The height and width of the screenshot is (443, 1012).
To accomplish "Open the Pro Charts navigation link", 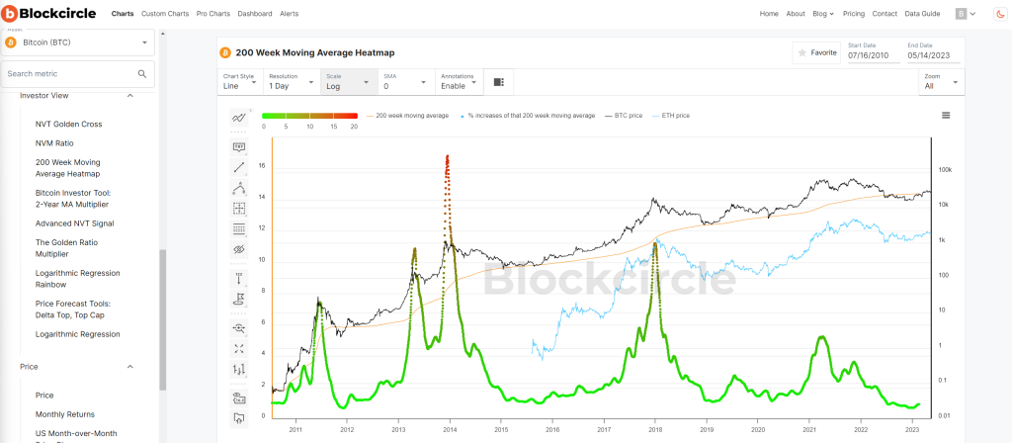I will (214, 14).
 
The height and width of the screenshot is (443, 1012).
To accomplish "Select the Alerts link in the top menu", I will (289, 14).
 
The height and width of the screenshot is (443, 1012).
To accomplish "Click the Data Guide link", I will (924, 14).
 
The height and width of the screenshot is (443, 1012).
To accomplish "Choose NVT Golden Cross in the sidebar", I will (68, 124).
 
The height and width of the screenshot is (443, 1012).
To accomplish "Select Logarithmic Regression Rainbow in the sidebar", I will (77, 278).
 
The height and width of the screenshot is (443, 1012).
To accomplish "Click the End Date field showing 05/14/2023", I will (931, 56).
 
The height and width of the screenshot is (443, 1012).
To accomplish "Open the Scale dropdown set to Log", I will (346, 82).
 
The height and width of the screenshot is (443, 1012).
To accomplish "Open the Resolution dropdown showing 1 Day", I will (291, 82).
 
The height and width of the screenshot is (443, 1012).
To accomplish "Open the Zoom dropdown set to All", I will (940, 82).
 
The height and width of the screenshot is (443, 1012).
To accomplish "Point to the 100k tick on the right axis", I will (944, 170).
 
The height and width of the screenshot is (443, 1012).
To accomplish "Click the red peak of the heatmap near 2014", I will (448, 158).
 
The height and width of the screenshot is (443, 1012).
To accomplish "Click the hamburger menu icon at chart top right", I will (946, 116).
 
